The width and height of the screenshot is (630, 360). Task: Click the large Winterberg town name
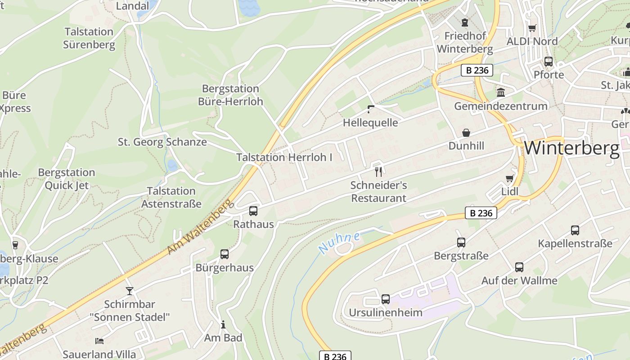click(x=571, y=148)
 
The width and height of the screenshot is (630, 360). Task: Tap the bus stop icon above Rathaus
click(x=253, y=211)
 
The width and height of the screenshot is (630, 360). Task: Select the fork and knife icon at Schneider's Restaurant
click(x=378, y=171)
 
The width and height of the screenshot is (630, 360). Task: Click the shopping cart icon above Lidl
click(x=509, y=179)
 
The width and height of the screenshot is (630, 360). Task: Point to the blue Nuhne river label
click(x=339, y=243)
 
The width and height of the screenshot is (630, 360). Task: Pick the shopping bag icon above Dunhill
click(x=466, y=133)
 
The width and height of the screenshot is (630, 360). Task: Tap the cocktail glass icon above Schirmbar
click(x=130, y=291)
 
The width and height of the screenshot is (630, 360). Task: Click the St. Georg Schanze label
click(x=162, y=142)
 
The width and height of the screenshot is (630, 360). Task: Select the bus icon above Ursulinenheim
click(x=386, y=299)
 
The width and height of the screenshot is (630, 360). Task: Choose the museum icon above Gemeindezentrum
click(x=500, y=93)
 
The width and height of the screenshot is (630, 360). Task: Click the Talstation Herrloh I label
click(x=284, y=157)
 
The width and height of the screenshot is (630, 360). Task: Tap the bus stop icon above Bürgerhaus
click(x=225, y=254)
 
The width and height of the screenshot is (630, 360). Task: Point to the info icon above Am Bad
click(x=223, y=324)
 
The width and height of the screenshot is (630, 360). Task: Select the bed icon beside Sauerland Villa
click(x=99, y=341)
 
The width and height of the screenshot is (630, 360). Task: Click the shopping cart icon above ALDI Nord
click(x=532, y=28)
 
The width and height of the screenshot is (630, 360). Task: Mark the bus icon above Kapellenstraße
click(x=575, y=230)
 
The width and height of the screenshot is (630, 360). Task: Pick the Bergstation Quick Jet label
click(x=67, y=179)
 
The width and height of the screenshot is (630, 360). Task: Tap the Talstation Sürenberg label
click(x=89, y=38)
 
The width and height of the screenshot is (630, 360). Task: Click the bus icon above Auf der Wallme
click(x=519, y=267)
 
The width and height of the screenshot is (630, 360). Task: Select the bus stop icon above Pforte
click(x=549, y=62)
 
